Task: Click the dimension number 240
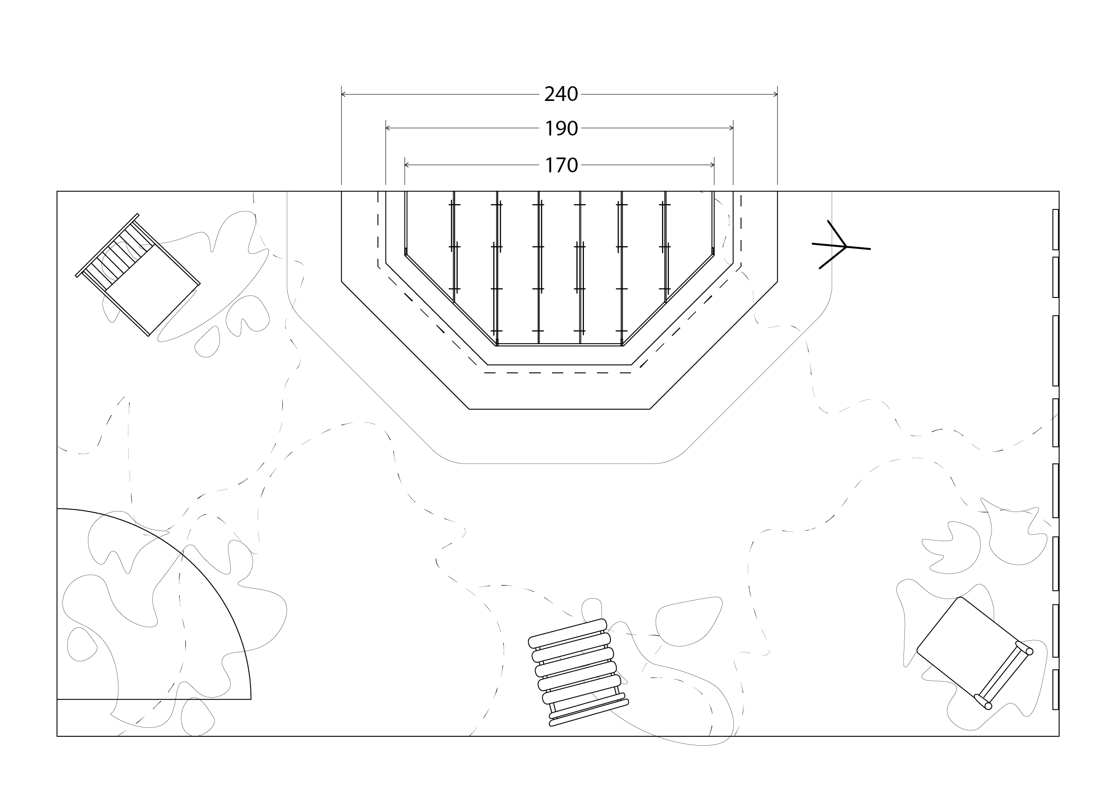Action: tap(561, 94)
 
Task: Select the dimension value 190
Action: tap(561, 128)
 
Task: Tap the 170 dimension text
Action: tap(561, 166)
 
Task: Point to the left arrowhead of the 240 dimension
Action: tap(344, 94)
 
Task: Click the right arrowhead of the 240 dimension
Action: tap(775, 94)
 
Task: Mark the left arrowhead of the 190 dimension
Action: tap(388, 128)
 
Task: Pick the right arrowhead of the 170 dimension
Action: tap(712, 165)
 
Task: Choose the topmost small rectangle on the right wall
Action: tap(1055, 229)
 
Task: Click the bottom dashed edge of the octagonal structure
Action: tap(558, 373)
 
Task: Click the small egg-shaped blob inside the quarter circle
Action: tap(81, 644)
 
